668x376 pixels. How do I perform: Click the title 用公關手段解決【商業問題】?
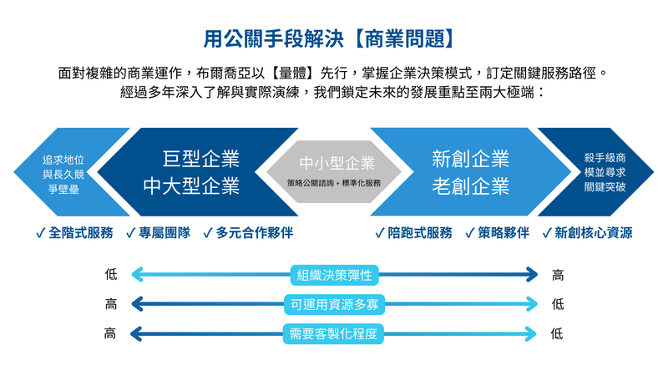(333, 38)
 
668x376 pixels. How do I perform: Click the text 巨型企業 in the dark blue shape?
(201, 158)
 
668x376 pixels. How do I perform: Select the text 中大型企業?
(191, 185)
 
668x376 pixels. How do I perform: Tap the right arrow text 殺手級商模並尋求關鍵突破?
(605, 172)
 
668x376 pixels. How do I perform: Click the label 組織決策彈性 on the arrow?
(334, 275)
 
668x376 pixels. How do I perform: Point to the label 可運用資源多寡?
(334, 305)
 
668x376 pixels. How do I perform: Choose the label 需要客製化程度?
(334, 334)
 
